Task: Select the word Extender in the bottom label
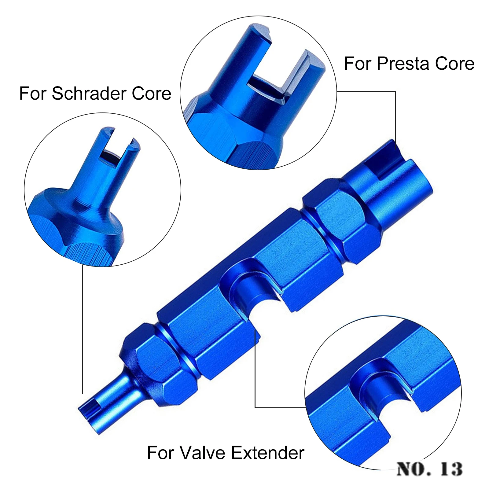267,453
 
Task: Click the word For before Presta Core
358,64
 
